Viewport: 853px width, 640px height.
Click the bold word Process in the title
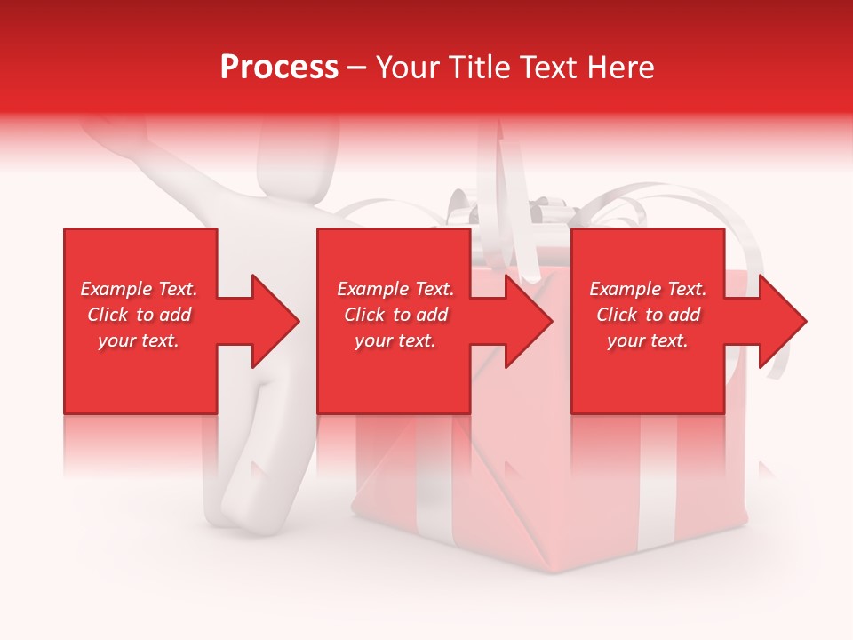click(x=279, y=68)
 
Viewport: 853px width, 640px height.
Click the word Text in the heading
click(x=548, y=68)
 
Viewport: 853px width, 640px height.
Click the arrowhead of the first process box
click(x=275, y=321)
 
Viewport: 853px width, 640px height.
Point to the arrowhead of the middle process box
click(x=528, y=321)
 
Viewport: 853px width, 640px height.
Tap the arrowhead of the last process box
click(x=782, y=321)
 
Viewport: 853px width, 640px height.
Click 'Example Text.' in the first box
click(x=139, y=289)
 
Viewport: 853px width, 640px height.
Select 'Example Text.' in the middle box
click(x=395, y=289)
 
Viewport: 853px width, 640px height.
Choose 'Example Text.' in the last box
click(x=648, y=289)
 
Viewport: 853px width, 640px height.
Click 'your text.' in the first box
click(x=139, y=340)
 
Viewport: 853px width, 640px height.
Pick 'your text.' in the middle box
click(x=395, y=340)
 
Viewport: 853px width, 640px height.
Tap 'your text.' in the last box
click(x=648, y=340)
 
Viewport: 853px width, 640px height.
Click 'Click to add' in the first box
click(x=139, y=315)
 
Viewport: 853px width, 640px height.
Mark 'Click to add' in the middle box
click(x=395, y=315)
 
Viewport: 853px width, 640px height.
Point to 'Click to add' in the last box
click(x=648, y=315)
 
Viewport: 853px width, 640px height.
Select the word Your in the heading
click(x=406, y=68)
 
